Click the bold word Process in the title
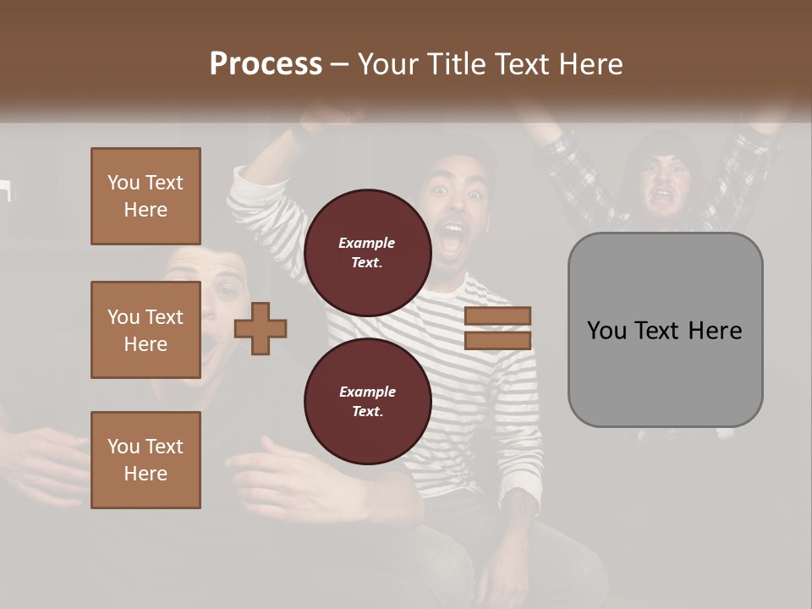[x=266, y=63]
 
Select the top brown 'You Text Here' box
[x=145, y=196]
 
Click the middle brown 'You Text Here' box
[x=145, y=330]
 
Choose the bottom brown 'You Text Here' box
[x=145, y=459]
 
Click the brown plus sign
[x=261, y=328]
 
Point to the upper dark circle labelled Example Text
[x=367, y=252]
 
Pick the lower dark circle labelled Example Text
[x=367, y=401]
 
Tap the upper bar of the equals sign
[x=498, y=316]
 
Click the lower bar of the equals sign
[x=498, y=341]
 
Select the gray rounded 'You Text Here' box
[x=665, y=330]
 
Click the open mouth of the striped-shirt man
[x=453, y=239]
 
